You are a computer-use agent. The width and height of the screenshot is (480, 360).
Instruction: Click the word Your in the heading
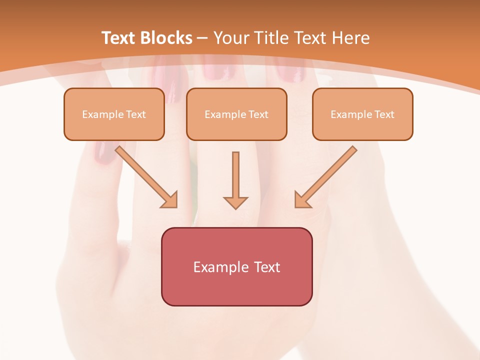point(232,38)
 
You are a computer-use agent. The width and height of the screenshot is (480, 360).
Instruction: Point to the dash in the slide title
point(202,38)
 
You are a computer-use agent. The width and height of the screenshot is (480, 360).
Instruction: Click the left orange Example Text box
point(114,114)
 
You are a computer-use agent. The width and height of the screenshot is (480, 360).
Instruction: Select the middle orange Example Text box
point(236,114)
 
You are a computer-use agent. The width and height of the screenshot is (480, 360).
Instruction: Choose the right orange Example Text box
point(362,114)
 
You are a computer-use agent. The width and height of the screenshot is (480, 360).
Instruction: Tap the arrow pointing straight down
point(235,180)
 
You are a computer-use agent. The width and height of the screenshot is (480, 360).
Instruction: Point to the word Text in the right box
point(384,114)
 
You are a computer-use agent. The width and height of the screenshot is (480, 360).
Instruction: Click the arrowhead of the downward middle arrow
point(235,202)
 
